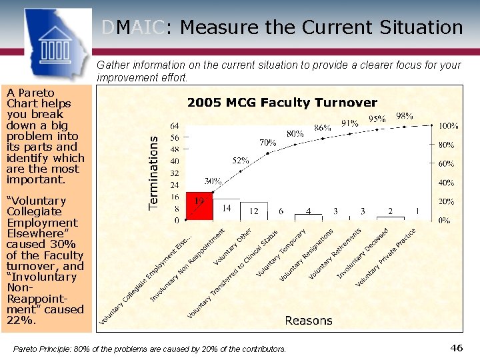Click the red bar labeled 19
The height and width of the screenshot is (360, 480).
(199, 206)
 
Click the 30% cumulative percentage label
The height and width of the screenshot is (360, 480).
(213, 181)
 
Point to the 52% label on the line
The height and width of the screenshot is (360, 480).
(241, 161)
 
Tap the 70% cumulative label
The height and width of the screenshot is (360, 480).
(268, 142)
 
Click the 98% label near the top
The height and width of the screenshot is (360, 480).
(404, 115)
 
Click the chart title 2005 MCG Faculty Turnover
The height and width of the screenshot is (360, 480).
(282, 103)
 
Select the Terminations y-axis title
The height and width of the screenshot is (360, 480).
(154, 173)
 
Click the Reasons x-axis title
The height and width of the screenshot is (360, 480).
(308, 321)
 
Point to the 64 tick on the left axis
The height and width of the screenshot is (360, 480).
(175, 125)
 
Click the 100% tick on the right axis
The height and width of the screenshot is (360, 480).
(449, 125)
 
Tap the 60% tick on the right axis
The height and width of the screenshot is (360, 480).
(446, 163)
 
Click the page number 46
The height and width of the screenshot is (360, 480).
(457, 348)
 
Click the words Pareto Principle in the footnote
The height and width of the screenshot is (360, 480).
(44, 349)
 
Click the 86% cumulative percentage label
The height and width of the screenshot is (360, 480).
(323, 127)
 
